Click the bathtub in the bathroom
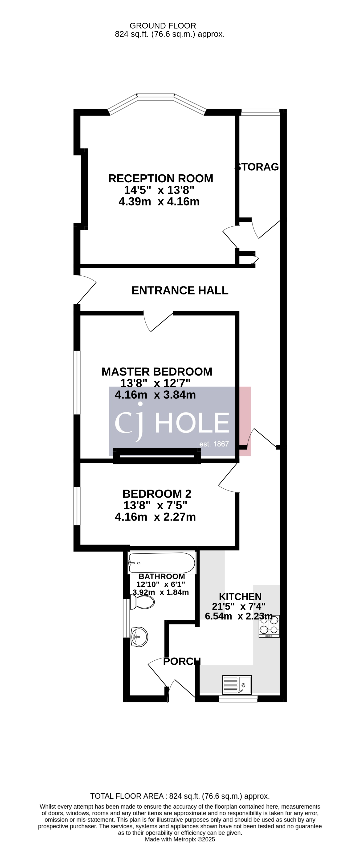point(162,563)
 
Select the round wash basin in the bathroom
point(139,637)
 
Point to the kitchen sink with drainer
point(237,685)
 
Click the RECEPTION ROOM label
point(161,178)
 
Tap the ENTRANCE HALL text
point(180,290)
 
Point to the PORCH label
point(181,661)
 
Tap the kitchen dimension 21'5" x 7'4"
point(239,606)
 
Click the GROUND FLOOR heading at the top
point(163,25)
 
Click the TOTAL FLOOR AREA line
point(180,796)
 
